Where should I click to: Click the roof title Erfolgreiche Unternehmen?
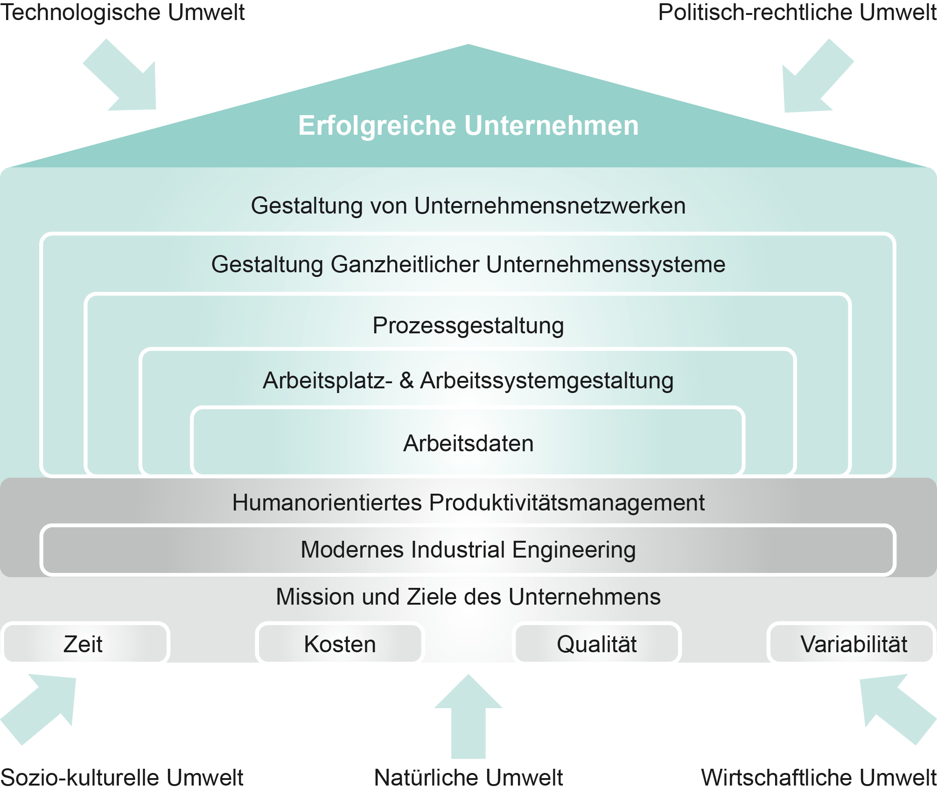(x=468, y=125)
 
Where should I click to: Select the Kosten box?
(x=340, y=644)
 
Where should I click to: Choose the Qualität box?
(x=596, y=644)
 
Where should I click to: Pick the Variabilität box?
(x=853, y=644)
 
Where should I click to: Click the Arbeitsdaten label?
(x=468, y=443)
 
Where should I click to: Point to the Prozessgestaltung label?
(x=468, y=325)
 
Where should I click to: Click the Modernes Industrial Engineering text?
(x=468, y=549)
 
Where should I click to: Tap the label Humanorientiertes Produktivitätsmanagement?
(x=468, y=503)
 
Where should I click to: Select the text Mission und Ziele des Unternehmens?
(x=468, y=597)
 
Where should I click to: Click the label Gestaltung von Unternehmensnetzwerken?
(x=468, y=206)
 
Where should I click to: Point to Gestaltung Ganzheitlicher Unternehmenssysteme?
(x=468, y=264)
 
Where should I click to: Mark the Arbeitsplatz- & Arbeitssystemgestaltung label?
(x=468, y=380)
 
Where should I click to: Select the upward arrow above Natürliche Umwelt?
(x=468, y=718)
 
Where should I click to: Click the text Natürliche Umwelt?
(x=468, y=778)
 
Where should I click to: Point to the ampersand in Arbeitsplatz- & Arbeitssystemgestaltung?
(x=406, y=380)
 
